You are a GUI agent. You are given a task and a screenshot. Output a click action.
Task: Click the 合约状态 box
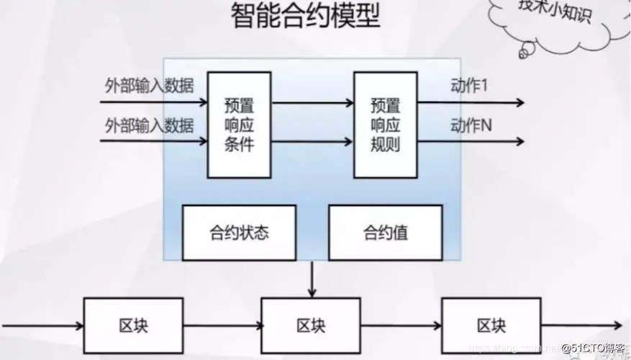[x=239, y=233]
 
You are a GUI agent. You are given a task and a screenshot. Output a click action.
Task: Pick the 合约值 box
[x=385, y=233]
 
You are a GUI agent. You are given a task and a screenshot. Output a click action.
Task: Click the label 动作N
[x=471, y=125]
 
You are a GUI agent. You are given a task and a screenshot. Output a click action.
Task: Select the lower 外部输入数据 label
[x=149, y=125]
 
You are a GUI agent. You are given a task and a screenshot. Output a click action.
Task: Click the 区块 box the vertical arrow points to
[x=311, y=325]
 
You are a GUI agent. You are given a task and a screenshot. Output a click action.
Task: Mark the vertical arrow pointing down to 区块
[x=311, y=279]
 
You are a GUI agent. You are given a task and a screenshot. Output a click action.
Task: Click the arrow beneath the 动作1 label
[x=471, y=102]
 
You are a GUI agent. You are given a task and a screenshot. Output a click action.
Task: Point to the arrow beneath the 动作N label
[x=471, y=141]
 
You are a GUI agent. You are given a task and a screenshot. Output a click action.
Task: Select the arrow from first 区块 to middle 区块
[x=223, y=326]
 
